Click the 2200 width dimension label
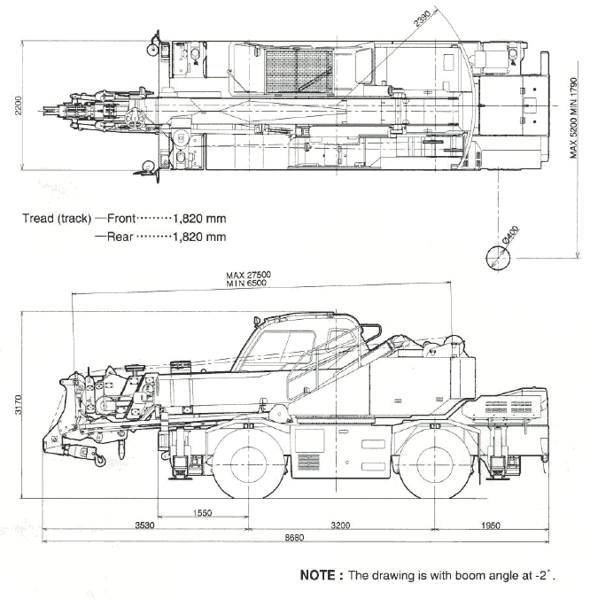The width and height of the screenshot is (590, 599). click(18, 105)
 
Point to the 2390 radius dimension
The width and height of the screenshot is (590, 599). click(423, 19)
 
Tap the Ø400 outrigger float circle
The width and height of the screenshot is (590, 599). click(498, 258)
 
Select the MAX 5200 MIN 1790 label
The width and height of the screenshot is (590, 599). click(573, 118)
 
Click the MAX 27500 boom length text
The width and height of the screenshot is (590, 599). click(248, 275)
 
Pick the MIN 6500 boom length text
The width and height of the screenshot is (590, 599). click(246, 283)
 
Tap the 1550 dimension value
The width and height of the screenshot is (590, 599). click(202, 513)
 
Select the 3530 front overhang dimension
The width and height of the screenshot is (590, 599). click(144, 525)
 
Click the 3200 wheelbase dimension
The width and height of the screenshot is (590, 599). click(340, 525)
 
